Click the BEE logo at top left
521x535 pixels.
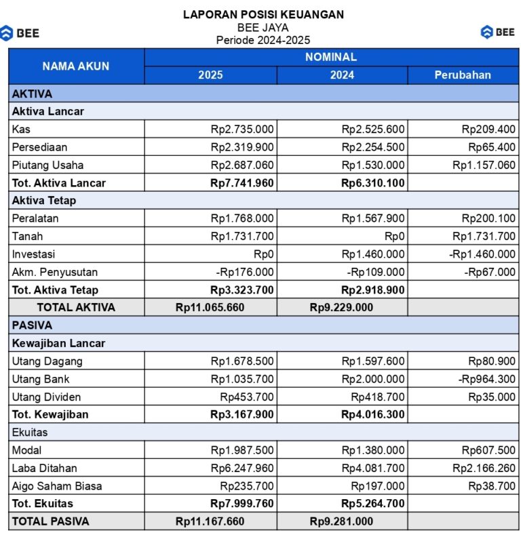[x=20, y=33]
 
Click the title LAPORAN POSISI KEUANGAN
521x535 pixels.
[x=263, y=14]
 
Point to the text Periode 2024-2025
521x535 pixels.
[x=263, y=40]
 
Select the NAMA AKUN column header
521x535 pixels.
[x=76, y=66]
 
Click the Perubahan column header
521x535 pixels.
[x=463, y=75]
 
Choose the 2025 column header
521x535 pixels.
[x=210, y=75]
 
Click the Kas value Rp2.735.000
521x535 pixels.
[x=242, y=129]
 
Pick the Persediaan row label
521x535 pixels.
[x=39, y=146]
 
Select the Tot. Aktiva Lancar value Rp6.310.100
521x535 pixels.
[x=373, y=182]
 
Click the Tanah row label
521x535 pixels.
[x=27, y=236]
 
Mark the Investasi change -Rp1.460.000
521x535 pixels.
[x=482, y=254]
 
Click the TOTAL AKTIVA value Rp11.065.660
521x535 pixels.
[x=210, y=307]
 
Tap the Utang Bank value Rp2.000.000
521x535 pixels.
[x=373, y=379]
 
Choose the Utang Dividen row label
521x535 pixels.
[x=46, y=397]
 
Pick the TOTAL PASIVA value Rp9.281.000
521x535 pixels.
[x=341, y=521]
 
